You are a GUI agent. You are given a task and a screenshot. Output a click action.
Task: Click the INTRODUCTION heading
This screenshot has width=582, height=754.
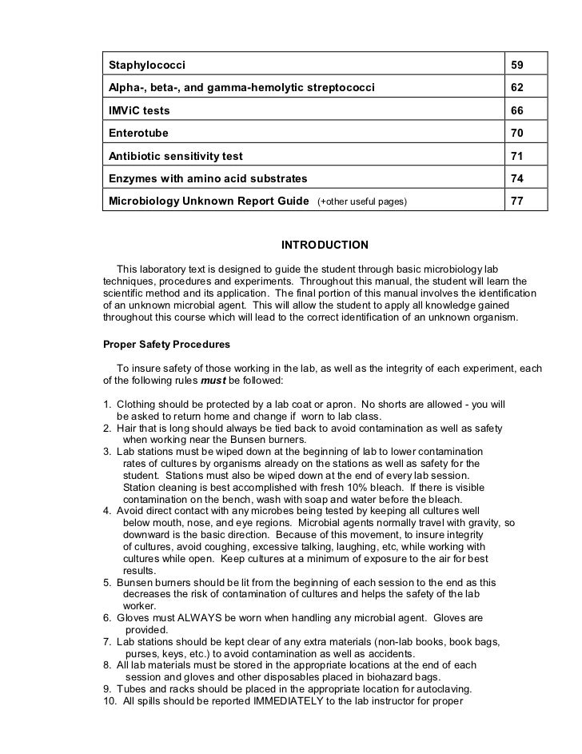[x=324, y=245]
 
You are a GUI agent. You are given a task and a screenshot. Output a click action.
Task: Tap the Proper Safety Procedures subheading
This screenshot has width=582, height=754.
[x=166, y=345]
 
